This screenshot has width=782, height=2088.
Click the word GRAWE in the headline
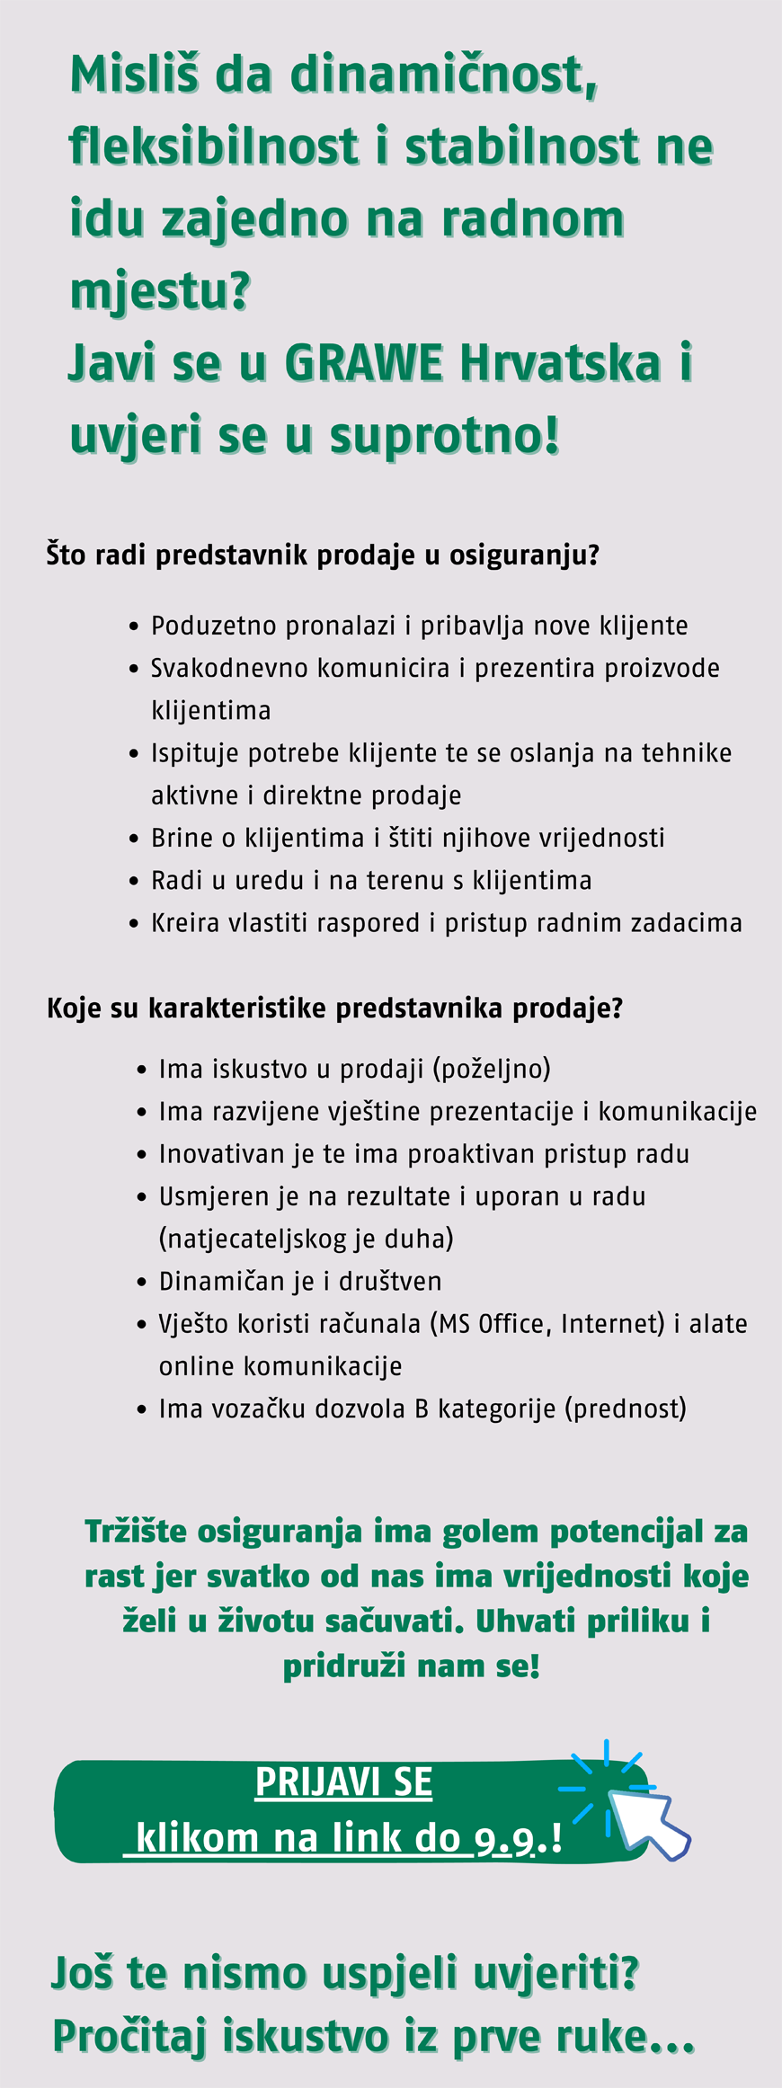pyautogui.click(x=363, y=363)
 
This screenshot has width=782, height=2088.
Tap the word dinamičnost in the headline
pyautogui.click(x=443, y=75)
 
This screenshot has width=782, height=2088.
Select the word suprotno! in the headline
pyautogui.click(x=445, y=436)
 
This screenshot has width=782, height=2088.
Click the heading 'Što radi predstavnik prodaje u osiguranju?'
pyautogui.click(x=323, y=555)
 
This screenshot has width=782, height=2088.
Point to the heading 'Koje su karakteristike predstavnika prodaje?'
pyautogui.click(x=334, y=1008)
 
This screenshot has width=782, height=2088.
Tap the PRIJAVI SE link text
pyautogui.click(x=343, y=1781)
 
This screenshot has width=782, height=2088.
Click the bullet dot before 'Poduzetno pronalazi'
pyautogui.click(x=134, y=626)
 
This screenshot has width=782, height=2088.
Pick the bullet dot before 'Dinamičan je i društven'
pyautogui.click(x=142, y=1282)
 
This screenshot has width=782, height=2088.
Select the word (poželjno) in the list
pyautogui.click(x=492, y=1069)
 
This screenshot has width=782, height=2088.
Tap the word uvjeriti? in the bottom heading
pyautogui.click(x=555, y=1972)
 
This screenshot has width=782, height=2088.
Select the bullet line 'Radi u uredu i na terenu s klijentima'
pyautogui.click(x=371, y=881)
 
